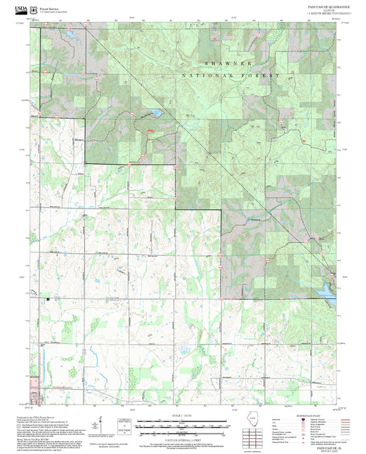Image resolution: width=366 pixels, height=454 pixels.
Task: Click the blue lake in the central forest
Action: [156, 112]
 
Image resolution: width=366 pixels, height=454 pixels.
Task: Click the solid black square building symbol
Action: [48, 299]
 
